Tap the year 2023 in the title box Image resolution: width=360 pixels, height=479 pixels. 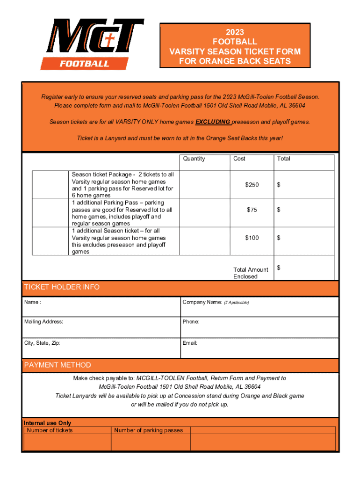(235, 32)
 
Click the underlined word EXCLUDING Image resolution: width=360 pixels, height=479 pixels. (213, 122)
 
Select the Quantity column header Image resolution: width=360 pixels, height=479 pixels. (194, 159)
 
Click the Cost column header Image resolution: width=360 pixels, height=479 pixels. (239, 159)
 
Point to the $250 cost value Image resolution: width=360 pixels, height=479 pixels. (252, 185)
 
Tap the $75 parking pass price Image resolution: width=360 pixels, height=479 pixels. (252, 210)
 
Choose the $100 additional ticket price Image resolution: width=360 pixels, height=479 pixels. (252, 238)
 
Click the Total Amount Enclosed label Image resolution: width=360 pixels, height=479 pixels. (251, 273)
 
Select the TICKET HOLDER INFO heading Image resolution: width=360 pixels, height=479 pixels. (62, 287)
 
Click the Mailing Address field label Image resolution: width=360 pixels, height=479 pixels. (43, 322)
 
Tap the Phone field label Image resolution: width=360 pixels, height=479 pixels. (191, 322)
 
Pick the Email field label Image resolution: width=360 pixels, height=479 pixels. (190, 343)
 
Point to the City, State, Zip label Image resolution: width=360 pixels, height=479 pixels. (42, 343)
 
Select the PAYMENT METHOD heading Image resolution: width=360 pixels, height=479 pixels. (58, 365)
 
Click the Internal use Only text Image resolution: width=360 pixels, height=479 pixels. (47, 423)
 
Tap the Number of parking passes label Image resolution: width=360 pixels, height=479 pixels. (149, 430)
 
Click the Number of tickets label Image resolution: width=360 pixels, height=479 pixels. (50, 430)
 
